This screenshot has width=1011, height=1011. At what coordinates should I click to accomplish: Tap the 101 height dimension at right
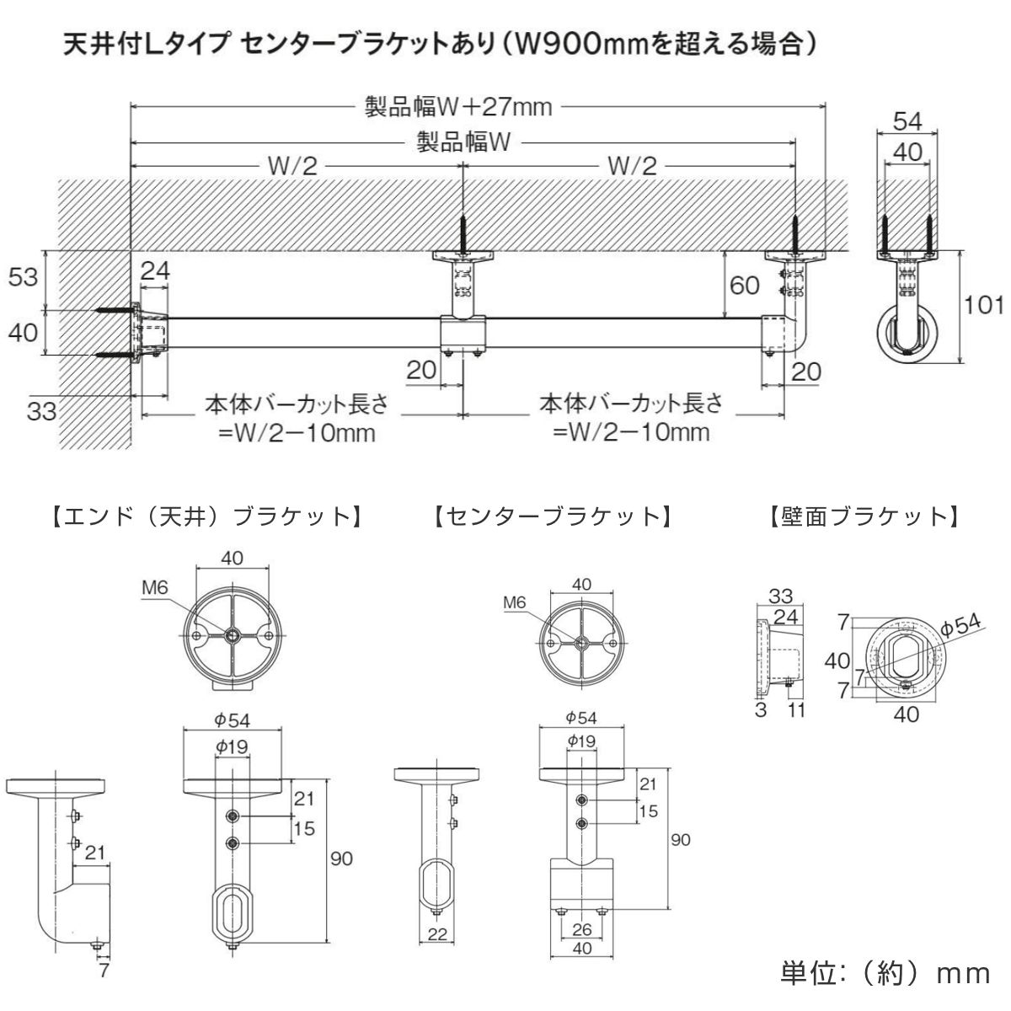coord(985,305)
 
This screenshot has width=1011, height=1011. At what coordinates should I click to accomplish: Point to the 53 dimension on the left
coord(23,275)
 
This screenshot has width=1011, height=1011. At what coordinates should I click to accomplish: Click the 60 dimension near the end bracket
coord(745,286)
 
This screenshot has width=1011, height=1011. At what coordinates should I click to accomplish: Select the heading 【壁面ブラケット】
coord(863,516)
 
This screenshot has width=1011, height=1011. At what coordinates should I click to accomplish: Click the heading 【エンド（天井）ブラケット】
coord(206,516)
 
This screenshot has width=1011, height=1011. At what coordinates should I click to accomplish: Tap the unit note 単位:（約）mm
coord(885,973)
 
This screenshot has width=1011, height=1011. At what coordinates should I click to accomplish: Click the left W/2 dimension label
coord(292,165)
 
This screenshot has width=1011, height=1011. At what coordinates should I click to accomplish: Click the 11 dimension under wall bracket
coord(796,709)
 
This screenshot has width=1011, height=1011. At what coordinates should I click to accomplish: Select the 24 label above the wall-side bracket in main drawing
coord(155,270)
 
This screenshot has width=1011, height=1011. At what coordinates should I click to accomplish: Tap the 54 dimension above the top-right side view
coord(907,121)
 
